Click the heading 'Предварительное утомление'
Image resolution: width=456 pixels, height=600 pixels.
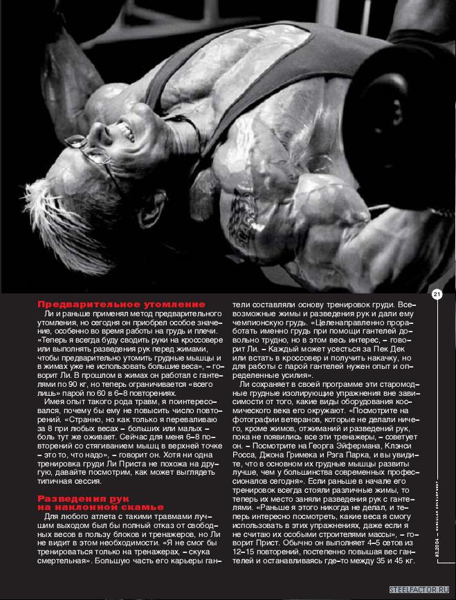[121, 304]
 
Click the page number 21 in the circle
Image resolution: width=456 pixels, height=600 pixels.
[437, 295]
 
